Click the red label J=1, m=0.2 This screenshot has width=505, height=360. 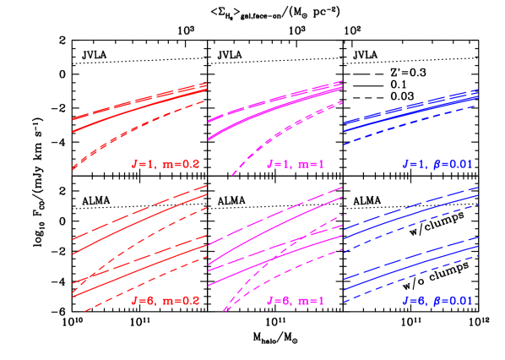coord(166,162)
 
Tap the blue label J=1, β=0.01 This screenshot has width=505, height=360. coord(437,162)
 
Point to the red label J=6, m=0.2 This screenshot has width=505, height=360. coord(166,300)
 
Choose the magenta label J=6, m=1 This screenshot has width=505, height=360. coord(295,300)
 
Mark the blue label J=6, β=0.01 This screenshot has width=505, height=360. coord(437,300)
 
